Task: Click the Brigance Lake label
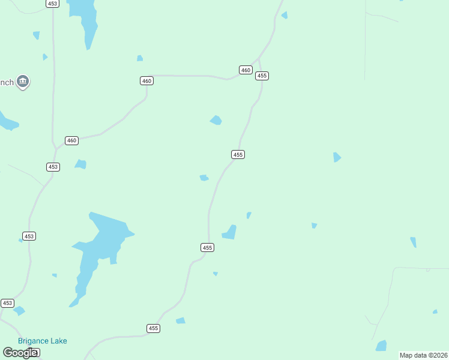tap(42, 341)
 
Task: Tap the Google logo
tap(20, 353)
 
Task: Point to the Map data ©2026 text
tap(423, 355)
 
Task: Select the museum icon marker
tap(23, 81)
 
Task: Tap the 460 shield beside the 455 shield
tap(246, 70)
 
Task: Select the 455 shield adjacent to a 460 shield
tap(262, 76)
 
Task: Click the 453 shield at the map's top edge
tap(53, 4)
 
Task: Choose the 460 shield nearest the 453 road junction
tap(72, 140)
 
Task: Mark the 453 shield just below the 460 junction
tap(53, 167)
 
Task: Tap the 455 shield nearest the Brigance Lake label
tap(154, 328)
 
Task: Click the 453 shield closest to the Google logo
tap(7, 304)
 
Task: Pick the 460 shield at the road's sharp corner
tap(146, 80)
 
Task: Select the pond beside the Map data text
tap(381, 346)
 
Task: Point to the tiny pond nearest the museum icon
tap(44, 57)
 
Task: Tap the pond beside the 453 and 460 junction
tap(81, 164)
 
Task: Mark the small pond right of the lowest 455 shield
tap(181, 320)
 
